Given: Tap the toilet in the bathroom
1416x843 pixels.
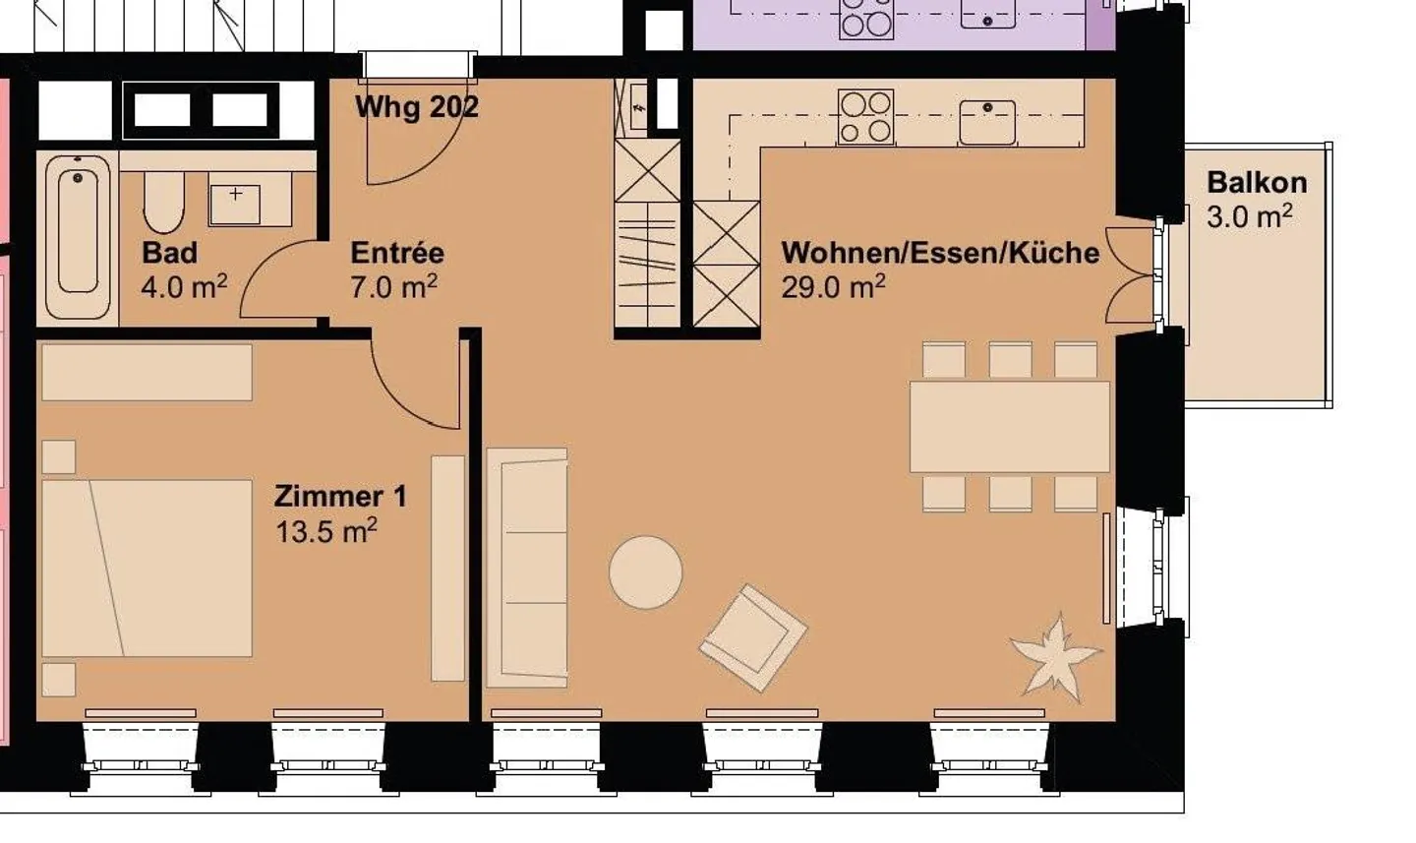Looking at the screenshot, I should click(163, 202).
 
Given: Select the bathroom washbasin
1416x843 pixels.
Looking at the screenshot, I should click(235, 203).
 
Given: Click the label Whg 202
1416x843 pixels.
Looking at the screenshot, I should click(417, 106).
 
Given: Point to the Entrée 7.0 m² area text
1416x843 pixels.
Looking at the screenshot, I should click(393, 287).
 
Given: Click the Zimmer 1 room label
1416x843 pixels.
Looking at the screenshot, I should click(340, 496).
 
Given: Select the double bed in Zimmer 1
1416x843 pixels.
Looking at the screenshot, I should click(147, 568).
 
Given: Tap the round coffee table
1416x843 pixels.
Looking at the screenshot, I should click(645, 572).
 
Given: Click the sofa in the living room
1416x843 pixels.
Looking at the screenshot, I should click(528, 567).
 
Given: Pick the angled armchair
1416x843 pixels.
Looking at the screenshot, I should click(753, 637).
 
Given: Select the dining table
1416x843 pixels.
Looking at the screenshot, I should click(1010, 427).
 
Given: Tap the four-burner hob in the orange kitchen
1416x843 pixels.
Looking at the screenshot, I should click(865, 117).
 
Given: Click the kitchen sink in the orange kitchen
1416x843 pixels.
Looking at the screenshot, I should click(987, 121).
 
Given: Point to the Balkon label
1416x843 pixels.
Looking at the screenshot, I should click(1257, 183).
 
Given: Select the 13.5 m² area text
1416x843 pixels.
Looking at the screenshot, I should click(326, 532).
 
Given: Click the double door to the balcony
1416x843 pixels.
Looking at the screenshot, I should click(1131, 275).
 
